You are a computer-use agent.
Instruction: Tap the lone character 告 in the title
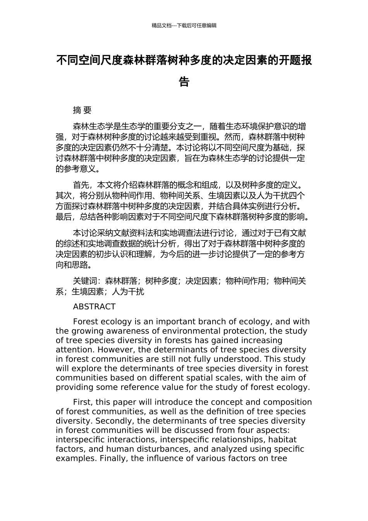(184, 82)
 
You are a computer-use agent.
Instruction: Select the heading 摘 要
(82, 110)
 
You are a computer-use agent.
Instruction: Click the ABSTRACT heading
(94, 307)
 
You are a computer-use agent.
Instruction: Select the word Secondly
(112, 421)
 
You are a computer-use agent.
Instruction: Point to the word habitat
(282, 440)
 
